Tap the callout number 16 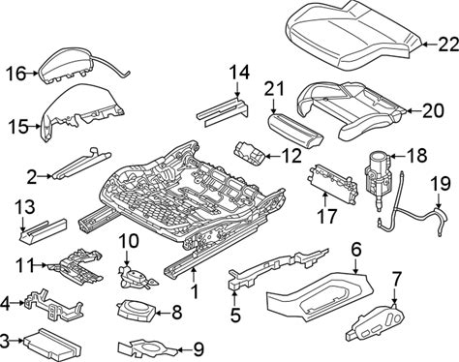pos(16,74)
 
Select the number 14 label pos(239,73)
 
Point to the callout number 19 pos(441,184)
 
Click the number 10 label pos(129,241)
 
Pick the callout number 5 pos(235,316)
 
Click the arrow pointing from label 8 pos(163,313)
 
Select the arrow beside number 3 pos(17,340)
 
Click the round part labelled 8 pos(136,310)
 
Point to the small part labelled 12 pos(251,154)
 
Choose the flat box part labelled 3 pos(52,345)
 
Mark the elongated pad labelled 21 pos(295,130)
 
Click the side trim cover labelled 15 pos(80,109)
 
